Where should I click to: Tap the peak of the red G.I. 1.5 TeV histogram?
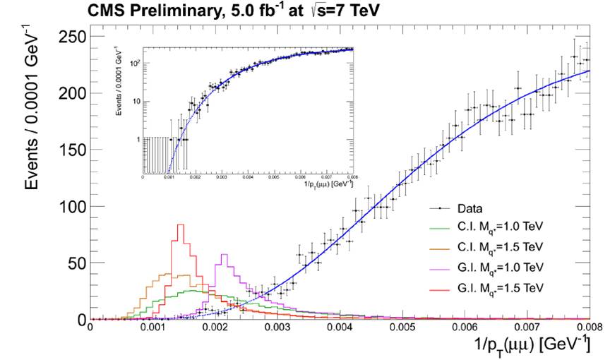coord(180,225)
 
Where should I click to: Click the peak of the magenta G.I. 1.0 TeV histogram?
coord(225,255)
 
